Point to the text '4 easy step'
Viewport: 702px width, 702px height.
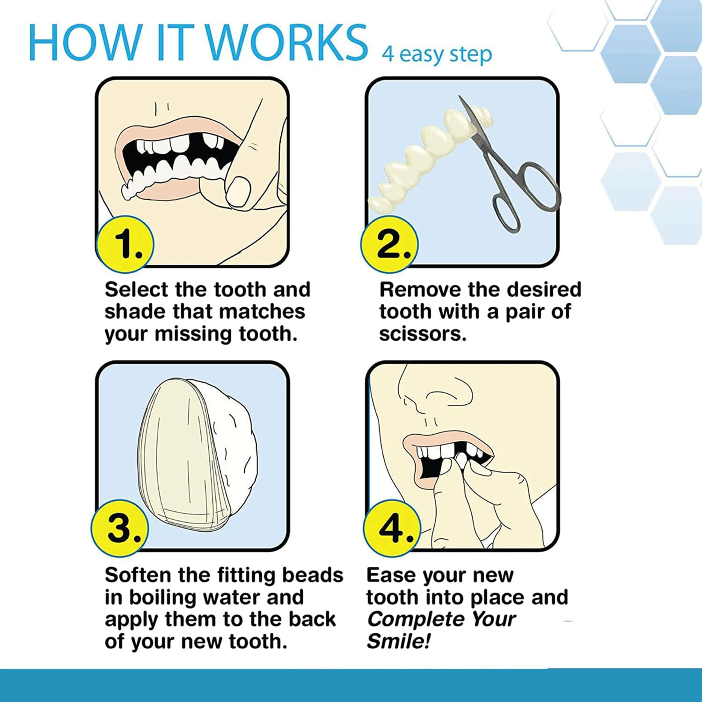tap(437, 55)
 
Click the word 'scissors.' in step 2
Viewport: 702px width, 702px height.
tap(423, 334)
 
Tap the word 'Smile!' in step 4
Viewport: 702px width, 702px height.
tap(398, 641)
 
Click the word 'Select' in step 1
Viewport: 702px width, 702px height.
tap(136, 290)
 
